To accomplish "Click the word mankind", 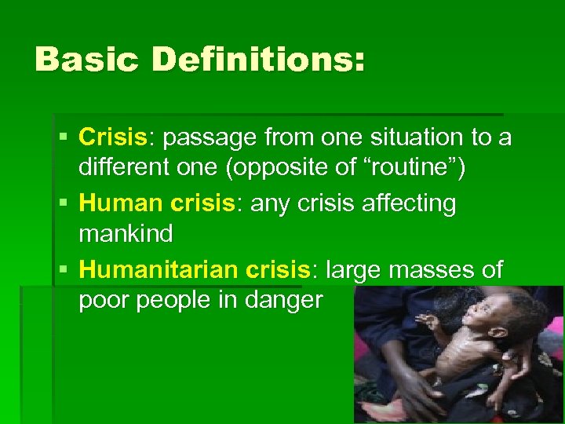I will (x=126, y=235).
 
